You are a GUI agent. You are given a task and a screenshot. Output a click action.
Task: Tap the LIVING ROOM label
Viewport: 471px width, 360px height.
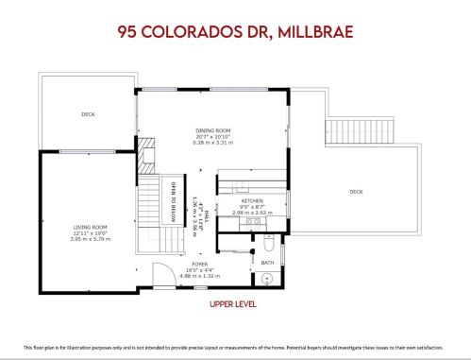pos(93,227)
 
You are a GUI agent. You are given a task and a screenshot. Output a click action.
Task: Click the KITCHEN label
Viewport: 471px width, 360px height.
pos(251,200)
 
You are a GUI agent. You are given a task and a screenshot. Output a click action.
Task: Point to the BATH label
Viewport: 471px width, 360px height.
pos(267,262)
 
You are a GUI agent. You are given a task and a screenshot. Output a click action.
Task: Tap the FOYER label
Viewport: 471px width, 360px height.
pos(200,265)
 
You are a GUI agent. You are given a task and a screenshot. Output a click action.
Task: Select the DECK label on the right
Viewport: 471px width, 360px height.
pos(356,192)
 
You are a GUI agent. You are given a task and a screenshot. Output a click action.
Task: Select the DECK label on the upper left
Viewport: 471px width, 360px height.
pos(88,114)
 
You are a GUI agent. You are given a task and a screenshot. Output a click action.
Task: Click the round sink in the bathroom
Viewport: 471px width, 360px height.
pos(267,279)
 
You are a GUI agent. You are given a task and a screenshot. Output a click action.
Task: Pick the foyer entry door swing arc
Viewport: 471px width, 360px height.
pos(164,277)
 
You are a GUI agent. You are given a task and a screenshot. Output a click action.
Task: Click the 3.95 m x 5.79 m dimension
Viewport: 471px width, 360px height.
pos(93,239)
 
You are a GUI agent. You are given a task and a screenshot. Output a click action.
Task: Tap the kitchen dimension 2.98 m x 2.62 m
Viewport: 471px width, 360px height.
pos(251,213)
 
